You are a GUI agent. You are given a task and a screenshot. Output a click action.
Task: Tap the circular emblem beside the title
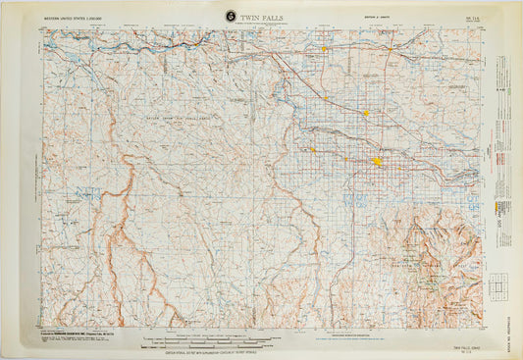[x=230, y=16]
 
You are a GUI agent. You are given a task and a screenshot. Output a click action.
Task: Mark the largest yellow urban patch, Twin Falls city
[x=377, y=161]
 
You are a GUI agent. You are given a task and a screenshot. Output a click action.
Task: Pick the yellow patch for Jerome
[x=366, y=113]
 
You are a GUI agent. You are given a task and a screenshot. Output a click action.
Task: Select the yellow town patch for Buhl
[x=313, y=149]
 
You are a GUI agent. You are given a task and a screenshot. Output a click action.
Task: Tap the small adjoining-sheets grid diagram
[x=498, y=284]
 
